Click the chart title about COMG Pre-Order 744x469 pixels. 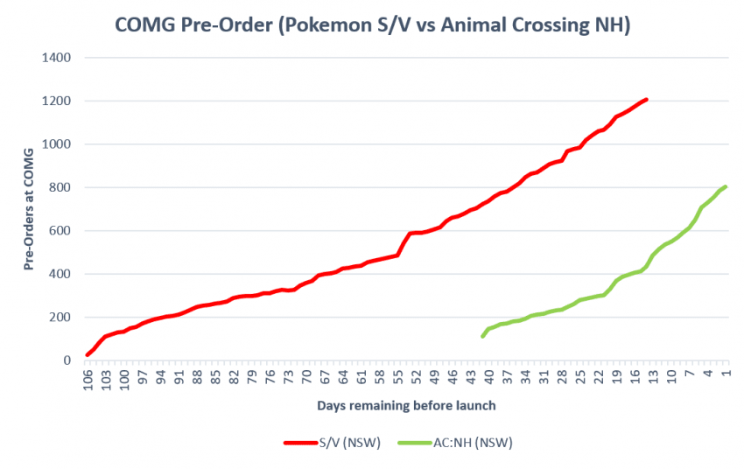373,26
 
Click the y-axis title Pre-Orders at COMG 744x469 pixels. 29,209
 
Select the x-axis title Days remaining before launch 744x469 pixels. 408,406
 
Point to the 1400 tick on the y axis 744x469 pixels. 58,58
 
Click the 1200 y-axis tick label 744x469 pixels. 58,101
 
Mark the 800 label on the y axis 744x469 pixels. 62,187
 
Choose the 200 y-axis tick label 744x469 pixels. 62,317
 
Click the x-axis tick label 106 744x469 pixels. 88,379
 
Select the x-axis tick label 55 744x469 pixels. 398,377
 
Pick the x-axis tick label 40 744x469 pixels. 489,377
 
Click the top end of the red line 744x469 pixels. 646,100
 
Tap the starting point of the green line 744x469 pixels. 483,336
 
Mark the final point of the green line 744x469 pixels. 726,186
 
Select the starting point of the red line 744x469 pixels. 87,354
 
